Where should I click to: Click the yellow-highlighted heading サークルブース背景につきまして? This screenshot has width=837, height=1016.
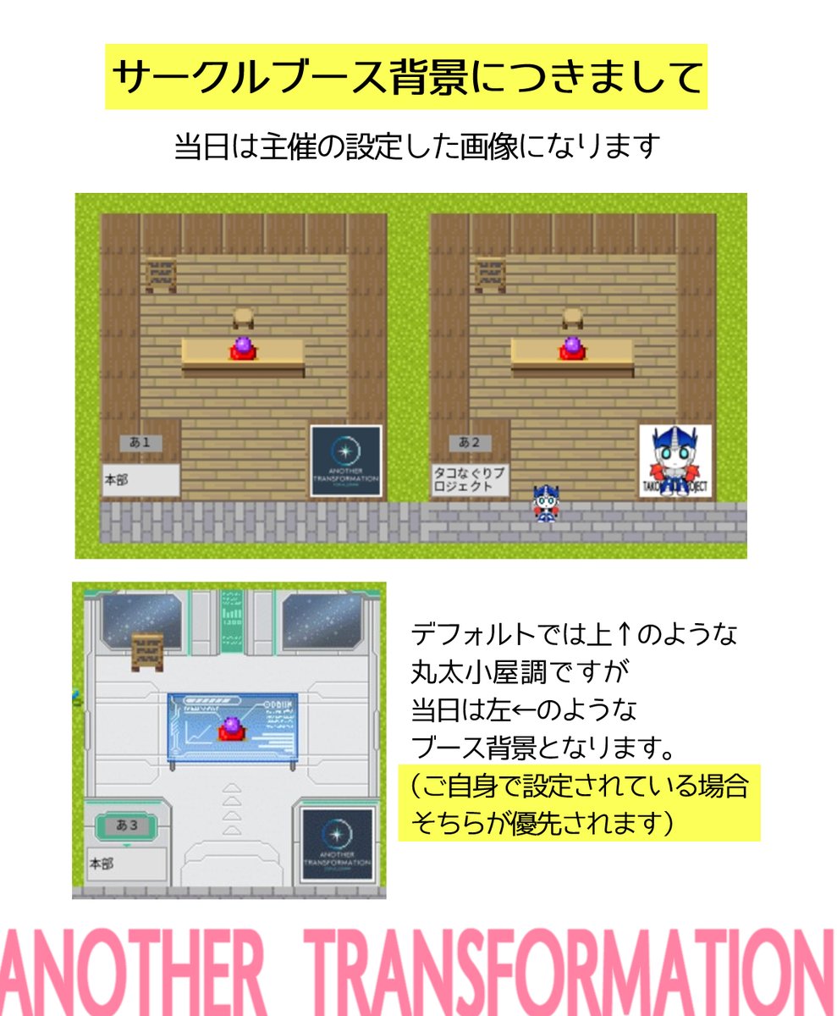(x=405, y=77)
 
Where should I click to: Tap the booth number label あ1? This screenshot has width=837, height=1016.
(x=140, y=442)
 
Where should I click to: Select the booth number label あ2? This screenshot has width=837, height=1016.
(x=470, y=442)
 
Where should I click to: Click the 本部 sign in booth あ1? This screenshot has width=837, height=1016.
(x=140, y=480)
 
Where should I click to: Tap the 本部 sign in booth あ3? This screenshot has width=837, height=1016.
(x=125, y=864)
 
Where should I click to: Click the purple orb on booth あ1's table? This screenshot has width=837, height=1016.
(x=242, y=348)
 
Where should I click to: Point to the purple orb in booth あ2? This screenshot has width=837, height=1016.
(x=572, y=348)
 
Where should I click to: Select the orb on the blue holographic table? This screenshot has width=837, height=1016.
(x=232, y=728)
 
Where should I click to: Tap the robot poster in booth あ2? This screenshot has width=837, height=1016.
(x=675, y=461)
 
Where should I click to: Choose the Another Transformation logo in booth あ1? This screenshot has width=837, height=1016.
(x=345, y=461)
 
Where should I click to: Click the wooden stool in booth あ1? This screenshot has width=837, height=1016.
(x=243, y=317)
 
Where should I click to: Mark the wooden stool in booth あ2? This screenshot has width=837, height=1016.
(x=573, y=317)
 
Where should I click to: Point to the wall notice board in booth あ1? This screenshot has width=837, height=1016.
(x=161, y=273)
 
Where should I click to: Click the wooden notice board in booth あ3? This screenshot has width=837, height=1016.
(x=146, y=652)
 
